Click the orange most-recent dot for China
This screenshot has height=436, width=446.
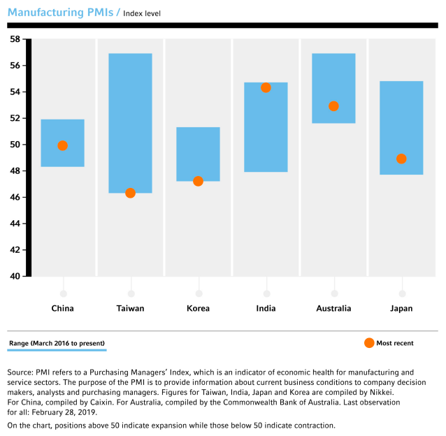63,145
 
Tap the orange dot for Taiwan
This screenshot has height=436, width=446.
130,193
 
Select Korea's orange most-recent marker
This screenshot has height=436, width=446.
198,181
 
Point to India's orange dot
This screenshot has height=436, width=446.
266,88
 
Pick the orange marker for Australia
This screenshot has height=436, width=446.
333,106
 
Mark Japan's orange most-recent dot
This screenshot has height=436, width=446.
401,159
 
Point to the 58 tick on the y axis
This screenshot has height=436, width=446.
15,39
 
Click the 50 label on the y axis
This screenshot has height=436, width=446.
15,145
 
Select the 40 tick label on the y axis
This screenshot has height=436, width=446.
15,276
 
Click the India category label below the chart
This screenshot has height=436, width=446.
266,308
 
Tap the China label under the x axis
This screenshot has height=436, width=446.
63,308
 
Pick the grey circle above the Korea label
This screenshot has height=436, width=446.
199,293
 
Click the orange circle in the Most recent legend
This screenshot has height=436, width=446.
369,342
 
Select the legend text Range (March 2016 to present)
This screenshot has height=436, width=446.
57,343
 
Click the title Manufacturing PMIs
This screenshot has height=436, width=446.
62,13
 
